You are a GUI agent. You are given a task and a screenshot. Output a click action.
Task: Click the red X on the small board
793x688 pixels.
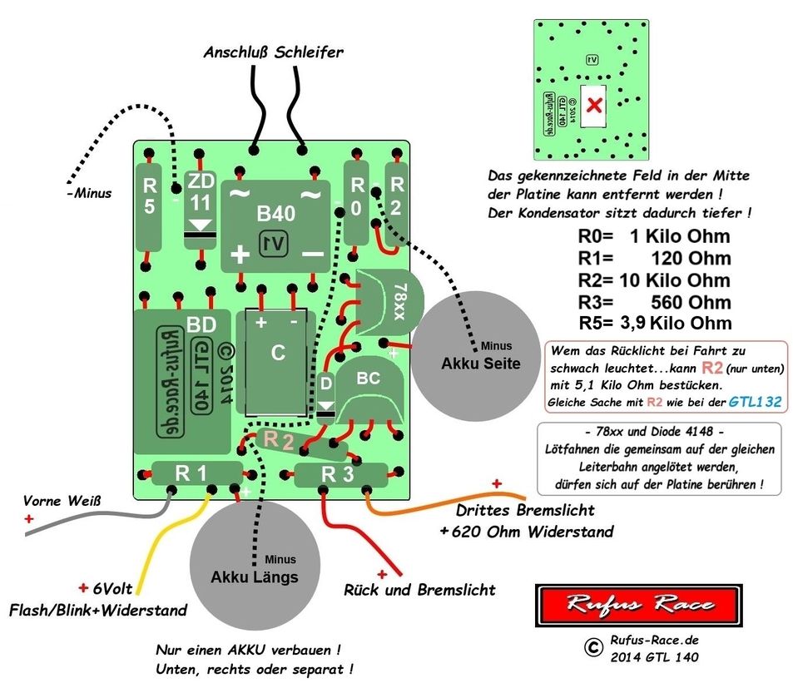click(x=595, y=106)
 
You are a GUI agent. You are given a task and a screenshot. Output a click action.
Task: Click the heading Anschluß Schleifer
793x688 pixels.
click(x=273, y=52)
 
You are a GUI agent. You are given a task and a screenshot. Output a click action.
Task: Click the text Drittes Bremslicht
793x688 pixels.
click(x=525, y=510)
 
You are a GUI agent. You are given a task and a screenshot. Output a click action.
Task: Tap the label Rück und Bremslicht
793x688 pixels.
click(x=419, y=589)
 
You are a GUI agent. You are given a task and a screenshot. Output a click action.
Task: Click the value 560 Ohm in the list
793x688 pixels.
click(x=673, y=302)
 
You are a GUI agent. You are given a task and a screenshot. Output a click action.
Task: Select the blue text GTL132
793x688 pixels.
click(x=755, y=402)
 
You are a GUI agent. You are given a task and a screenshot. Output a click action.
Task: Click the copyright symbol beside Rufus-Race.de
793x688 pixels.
click(x=592, y=646)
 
